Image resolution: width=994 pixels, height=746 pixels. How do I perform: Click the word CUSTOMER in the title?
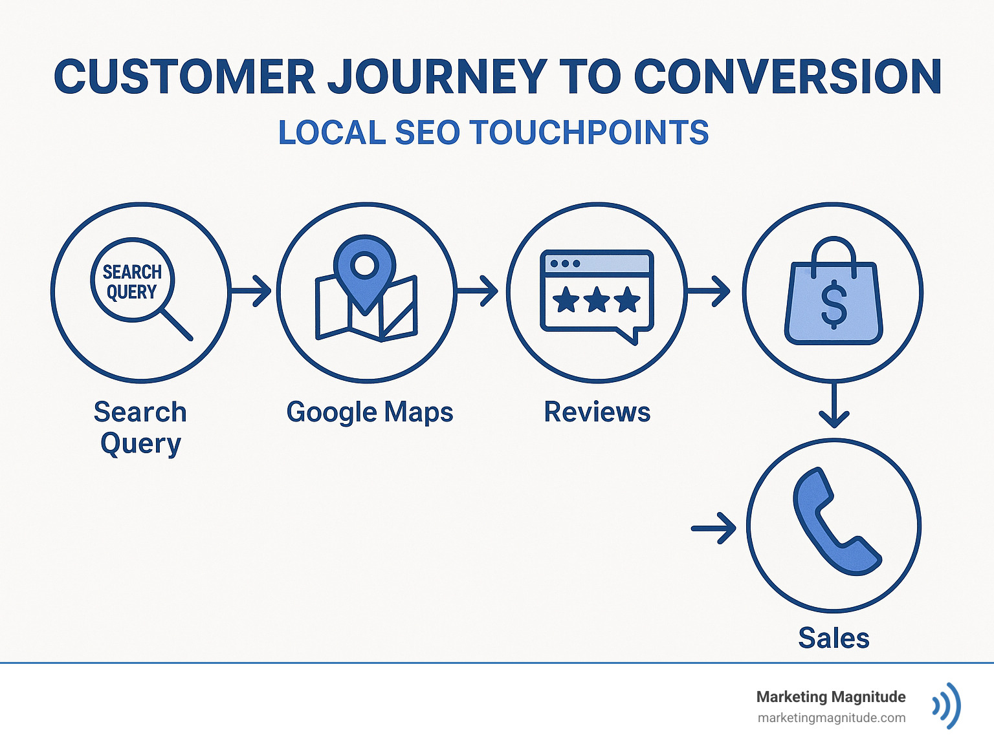pos(184,77)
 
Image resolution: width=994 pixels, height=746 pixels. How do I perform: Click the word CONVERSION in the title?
pos(788,77)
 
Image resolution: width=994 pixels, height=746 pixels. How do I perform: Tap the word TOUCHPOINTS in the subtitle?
pos(589,133)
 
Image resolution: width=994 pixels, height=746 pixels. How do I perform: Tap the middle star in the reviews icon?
pos(597,300)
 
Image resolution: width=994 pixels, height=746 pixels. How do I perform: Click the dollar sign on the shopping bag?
pos(834,304)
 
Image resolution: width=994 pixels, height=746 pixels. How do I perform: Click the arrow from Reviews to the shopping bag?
pos(709,291)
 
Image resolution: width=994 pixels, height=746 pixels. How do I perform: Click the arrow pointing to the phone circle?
pos(714,529)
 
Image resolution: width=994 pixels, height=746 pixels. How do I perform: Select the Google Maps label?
pos(370,412)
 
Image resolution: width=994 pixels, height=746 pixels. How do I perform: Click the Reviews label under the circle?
pos(597,412)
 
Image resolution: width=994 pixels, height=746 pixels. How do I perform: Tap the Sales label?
pos(834,638)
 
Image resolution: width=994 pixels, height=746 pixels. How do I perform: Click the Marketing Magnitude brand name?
pos(830,697)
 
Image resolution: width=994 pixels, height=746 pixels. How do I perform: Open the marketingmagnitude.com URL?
pos(831,718)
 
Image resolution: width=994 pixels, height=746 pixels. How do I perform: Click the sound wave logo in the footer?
pos(947,705)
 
